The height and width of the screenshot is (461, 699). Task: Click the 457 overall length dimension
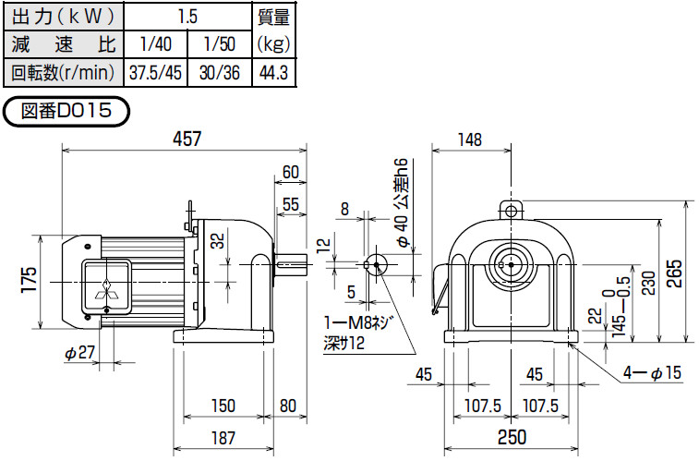(186, 138)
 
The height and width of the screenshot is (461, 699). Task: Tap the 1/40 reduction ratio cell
(153, 43)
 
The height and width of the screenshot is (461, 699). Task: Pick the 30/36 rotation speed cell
(217, 70)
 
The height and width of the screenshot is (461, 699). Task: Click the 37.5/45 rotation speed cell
(153, 70)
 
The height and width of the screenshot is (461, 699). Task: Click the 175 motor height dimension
(29, 281)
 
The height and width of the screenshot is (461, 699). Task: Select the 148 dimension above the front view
(470, 140)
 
